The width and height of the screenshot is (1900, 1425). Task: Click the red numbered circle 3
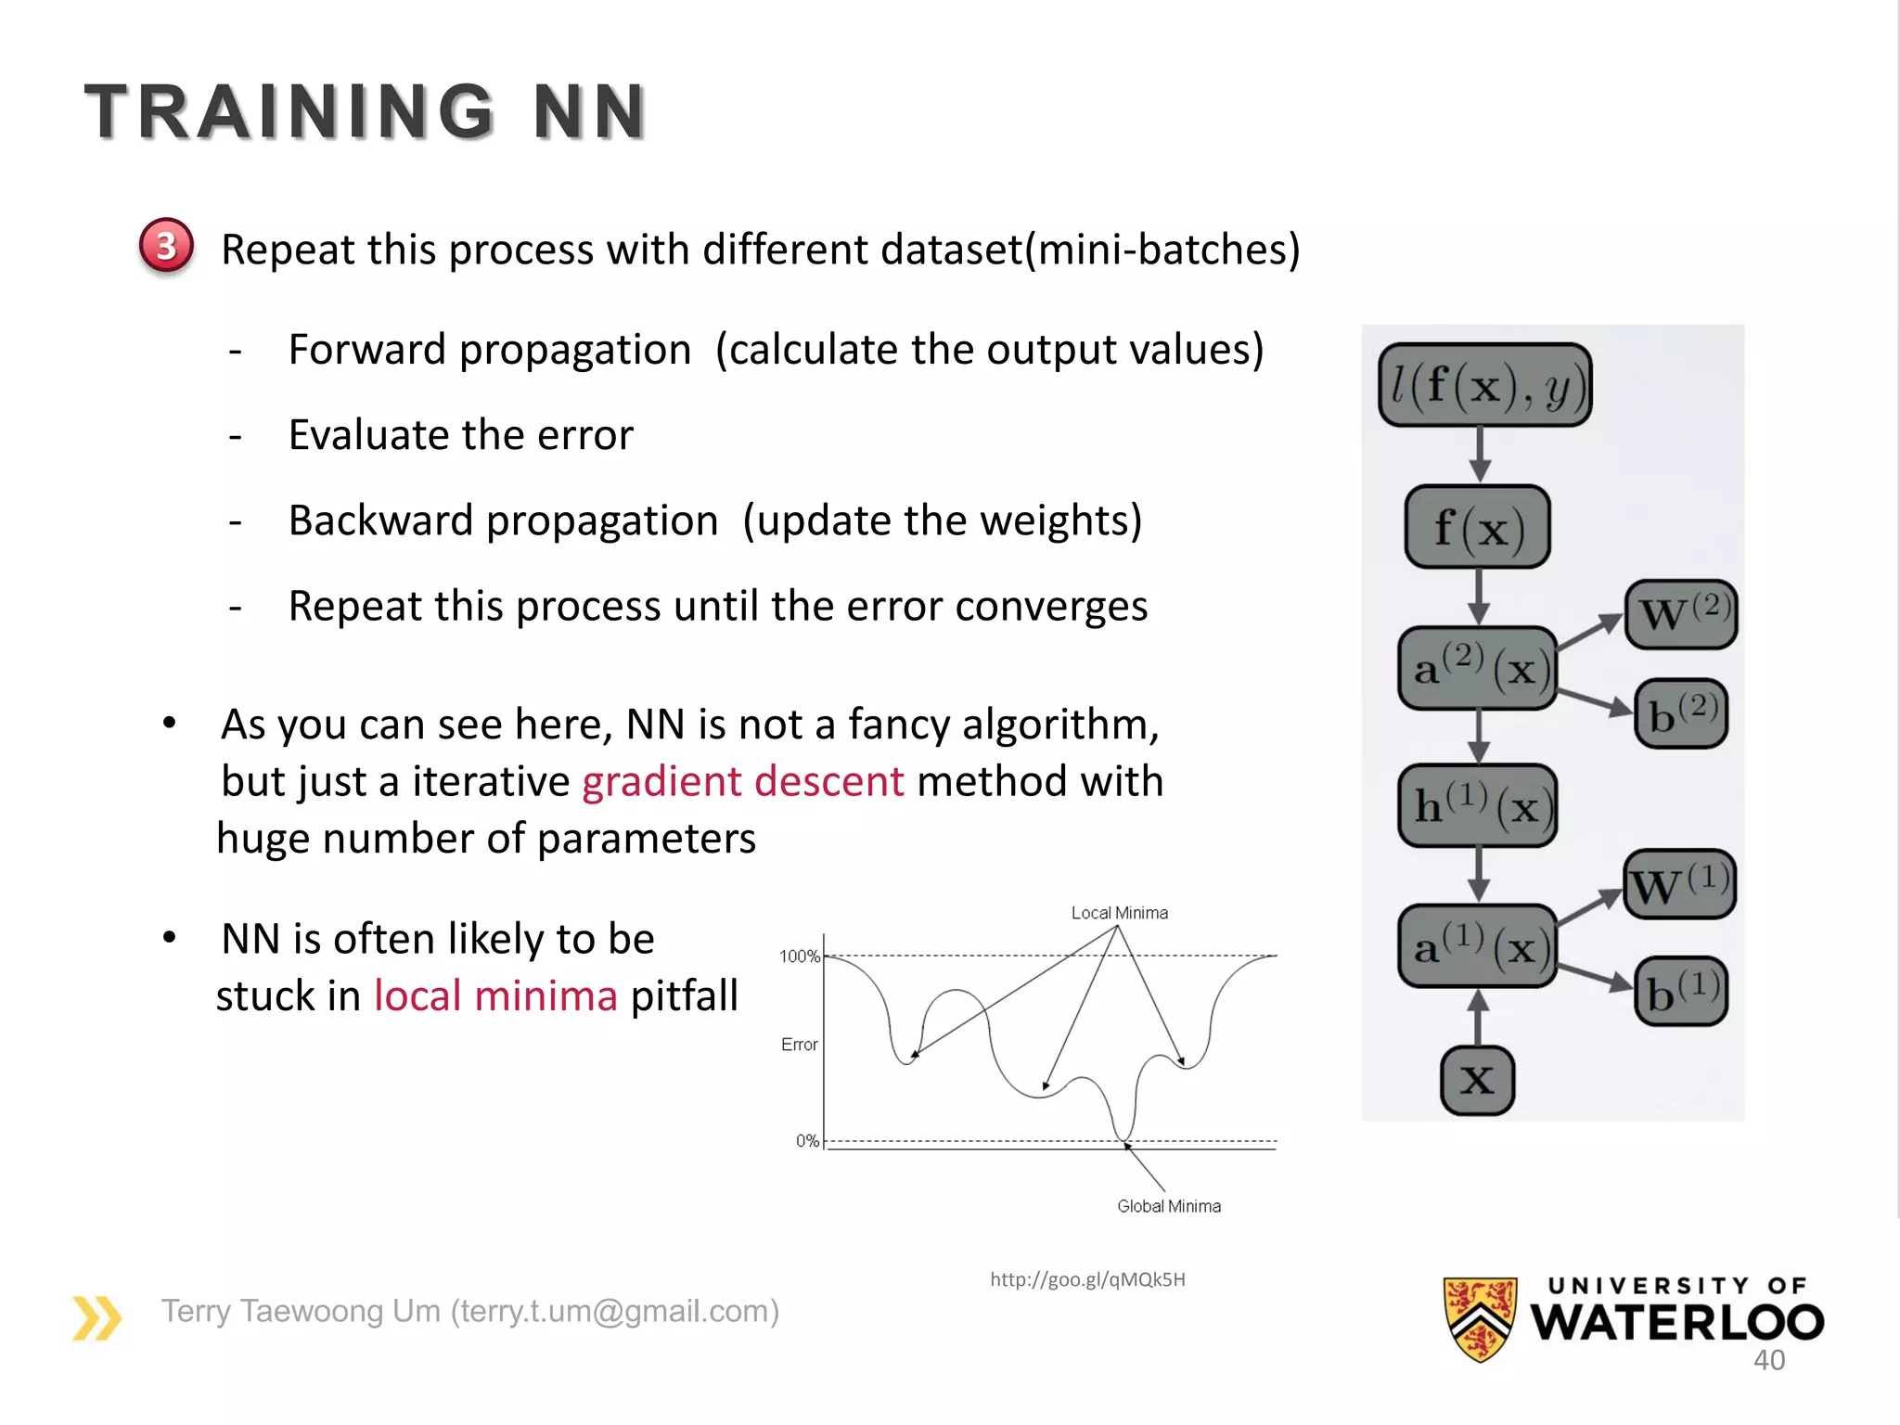pyautogui.click(x=166, y=246)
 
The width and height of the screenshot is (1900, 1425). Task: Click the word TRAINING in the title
pyautogui.click(x=289, y=112)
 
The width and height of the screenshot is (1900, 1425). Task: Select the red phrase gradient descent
pyautogui.click(x=742, y=781)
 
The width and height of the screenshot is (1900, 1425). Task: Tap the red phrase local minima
pyautogui.click(x=495, y=996)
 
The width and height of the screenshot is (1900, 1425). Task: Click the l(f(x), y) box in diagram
pyautogui.click(x=1484, y=385)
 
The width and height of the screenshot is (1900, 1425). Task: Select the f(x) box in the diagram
pyautogui.click(x=1478, y=527)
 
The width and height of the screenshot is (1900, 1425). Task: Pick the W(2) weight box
pyautogui.click(x=1681, y=614)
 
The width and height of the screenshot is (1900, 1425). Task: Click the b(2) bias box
pyautogui.click(x=1681, y=712)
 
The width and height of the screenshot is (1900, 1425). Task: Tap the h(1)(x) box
pyautogui.click(x=1478, y=805)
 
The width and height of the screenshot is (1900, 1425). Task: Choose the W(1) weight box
pyautogui.click(x=1680, y=884)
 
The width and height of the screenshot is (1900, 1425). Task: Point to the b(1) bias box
pyautogui.click(x=1681, y=991)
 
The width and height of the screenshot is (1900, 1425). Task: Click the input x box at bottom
pyautogui.click(x=1477, y=1080)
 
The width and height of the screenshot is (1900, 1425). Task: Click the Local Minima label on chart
pyautogui.click(x=1119, y=913)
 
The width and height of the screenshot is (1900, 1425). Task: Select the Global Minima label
pyautogui.click(x=1168, y=1206)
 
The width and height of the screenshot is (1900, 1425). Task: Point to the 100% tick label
pyautogui.click(x=799, y=956)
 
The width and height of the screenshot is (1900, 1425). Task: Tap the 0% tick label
pyautogui.click(x=807, y=1141)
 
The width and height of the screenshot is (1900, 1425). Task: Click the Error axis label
pyautogui.click(x=799, y=1045)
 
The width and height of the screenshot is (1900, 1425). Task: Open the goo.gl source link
pyautogui.click(x=1087, y=1279)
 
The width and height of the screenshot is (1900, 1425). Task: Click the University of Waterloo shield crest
pyautogui.click(x=1480, y=1317)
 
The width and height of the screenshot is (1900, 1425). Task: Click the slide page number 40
pyautogui.click(x=1768, y=1360)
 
